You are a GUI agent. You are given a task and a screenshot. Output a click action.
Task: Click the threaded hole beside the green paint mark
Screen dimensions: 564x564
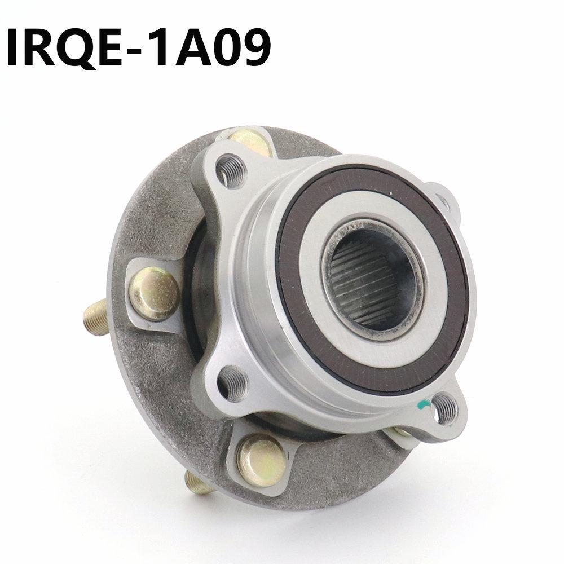(x=445, y=405)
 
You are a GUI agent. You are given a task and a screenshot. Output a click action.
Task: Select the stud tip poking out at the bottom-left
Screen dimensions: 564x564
(x=195, y=483)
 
